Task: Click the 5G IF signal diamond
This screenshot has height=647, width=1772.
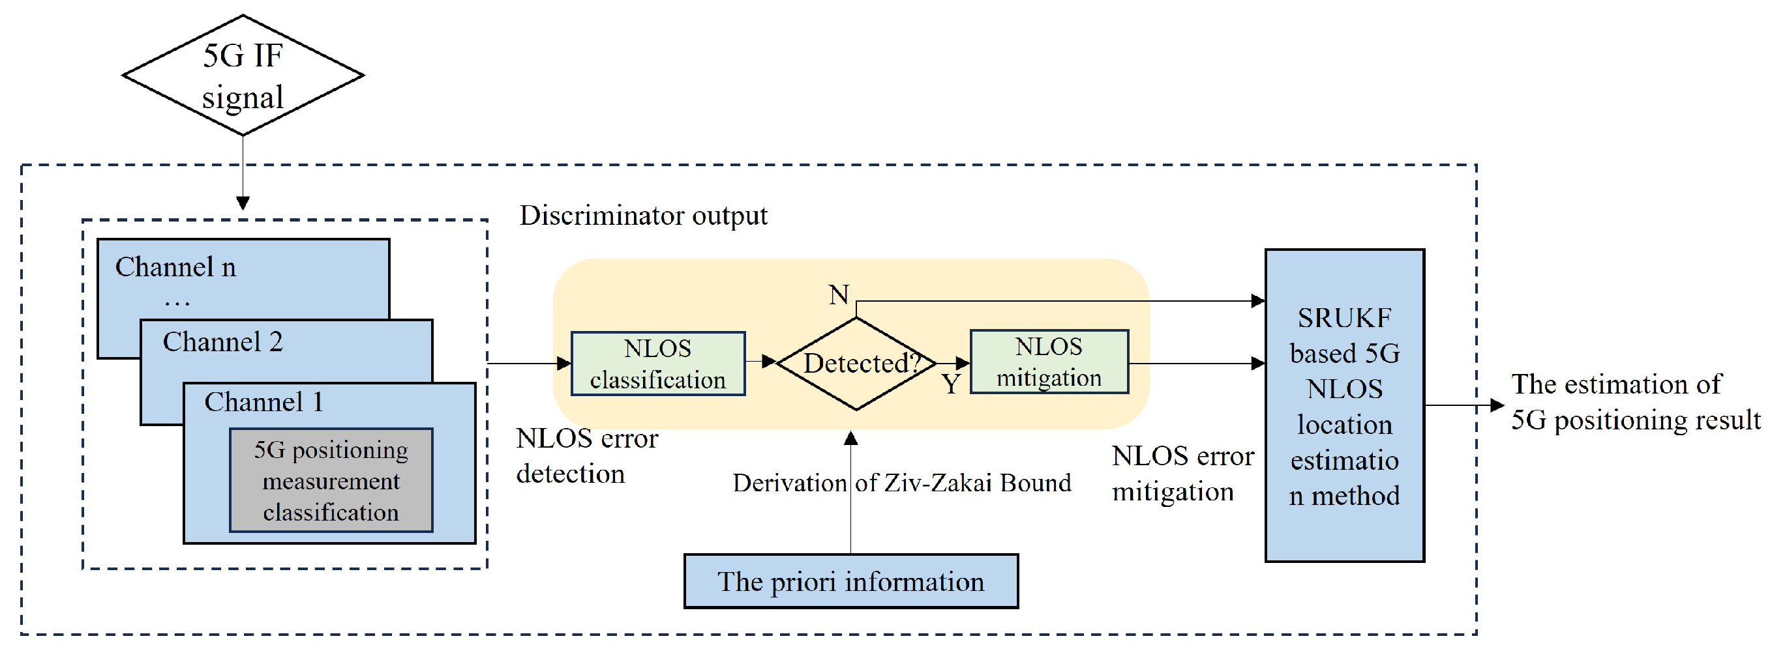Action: (x=242, y=75)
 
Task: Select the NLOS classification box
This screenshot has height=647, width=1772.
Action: (x=657, y=364)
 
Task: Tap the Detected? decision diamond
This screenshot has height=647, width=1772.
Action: (x=856, y=363)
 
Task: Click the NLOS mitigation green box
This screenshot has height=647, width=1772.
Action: (x=1048, y=362)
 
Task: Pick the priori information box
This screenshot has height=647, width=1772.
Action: (x=850, y=582)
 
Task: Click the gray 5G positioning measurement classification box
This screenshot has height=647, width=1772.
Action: (x=331, y=481)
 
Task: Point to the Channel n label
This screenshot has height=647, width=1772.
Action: (x=175, y=266)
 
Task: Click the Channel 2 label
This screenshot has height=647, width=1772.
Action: (x=222, y=341)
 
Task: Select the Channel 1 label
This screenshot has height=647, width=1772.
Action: (x=263, y=402)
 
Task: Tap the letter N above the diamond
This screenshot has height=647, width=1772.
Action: (x=839, y=295)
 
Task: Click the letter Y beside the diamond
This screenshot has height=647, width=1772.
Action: (x=951, y=384)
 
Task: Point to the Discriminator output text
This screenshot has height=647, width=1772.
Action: (x=643, y=216)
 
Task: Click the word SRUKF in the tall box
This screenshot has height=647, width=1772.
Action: (x=1344, y=318)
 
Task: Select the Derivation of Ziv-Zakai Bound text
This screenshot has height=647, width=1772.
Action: (x=901, y=483)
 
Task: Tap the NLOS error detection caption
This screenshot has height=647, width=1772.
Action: (x=586, y=456)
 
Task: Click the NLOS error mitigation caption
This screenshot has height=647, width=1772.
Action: (x=1182, y=474)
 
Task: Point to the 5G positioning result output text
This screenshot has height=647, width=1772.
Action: (x=1634, y=401)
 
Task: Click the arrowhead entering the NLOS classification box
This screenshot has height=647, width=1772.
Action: (x=564, y=364)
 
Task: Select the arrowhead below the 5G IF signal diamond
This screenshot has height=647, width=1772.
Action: (x=242, y=203)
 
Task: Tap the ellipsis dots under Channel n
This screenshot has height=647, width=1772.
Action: (x=177, y=301)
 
